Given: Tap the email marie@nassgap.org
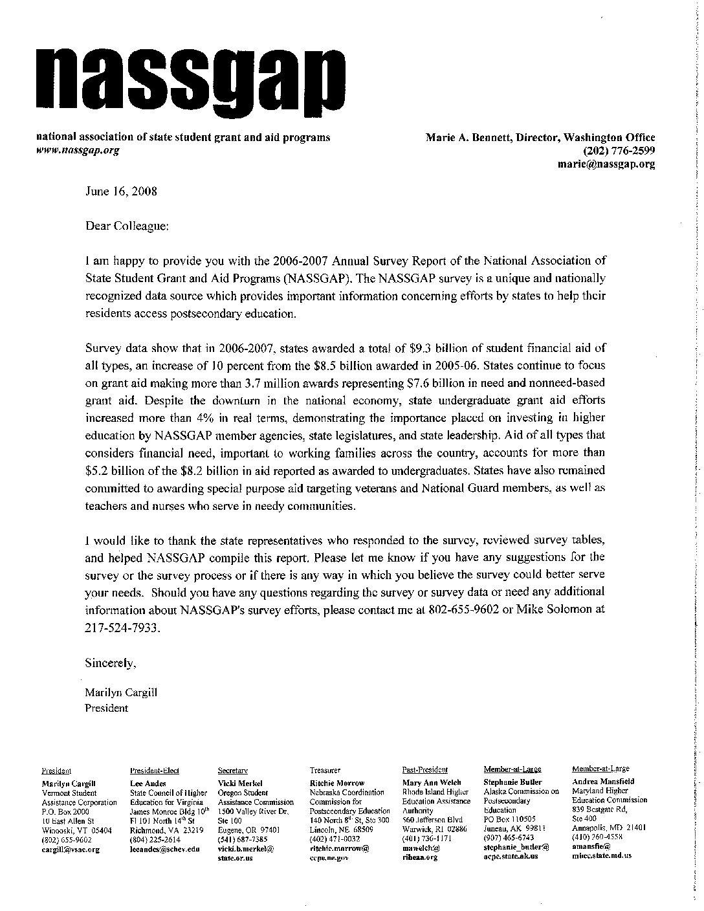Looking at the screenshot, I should pos(606,164).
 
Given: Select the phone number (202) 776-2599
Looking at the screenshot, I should pos(619,151).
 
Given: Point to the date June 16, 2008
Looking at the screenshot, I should pos(121,192).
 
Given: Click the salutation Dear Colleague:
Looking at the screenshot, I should pos(127,226).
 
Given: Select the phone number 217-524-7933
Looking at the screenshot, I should pos(121,627).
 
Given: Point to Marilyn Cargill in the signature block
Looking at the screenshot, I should pos(122,692).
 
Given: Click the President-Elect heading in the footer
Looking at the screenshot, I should pos(155,771).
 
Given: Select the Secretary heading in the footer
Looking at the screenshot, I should pos(233,771).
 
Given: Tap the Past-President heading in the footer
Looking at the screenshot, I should pos(424,770).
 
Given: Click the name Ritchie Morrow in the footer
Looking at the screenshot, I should pos(337,783).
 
